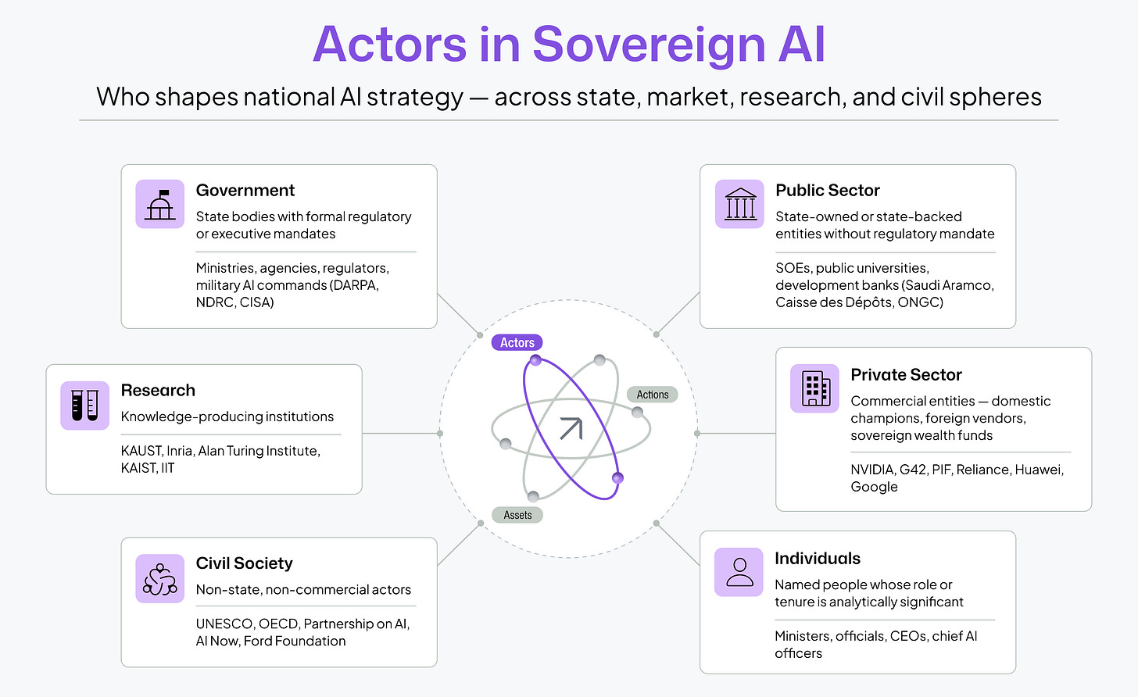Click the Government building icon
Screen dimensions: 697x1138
[x=159, y=204]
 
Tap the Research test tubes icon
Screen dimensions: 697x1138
[x=84, y=405]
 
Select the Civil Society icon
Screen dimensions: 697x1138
[x=159, y=579]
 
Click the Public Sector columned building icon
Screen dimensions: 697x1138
[x=739, y=204]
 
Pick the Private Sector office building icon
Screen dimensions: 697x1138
[x=814, y=388]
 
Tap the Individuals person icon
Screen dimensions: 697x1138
[x=739, y=572]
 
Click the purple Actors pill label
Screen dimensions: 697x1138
[x=517, y=342]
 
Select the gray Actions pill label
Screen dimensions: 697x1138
[x=652, y=395]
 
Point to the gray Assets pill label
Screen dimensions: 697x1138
[x=517, y=515]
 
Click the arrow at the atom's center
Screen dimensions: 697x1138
[x=571, y=428]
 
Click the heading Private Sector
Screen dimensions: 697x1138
[x=906, y=374]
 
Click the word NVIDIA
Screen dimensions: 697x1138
[x=872, y=470]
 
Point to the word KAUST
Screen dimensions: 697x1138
[x=141, y=451]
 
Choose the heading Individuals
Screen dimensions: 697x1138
[x=818, y=558]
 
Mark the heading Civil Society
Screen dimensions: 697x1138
[x=244, y=563]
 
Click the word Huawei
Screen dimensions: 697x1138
[x=1036, y=470]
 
